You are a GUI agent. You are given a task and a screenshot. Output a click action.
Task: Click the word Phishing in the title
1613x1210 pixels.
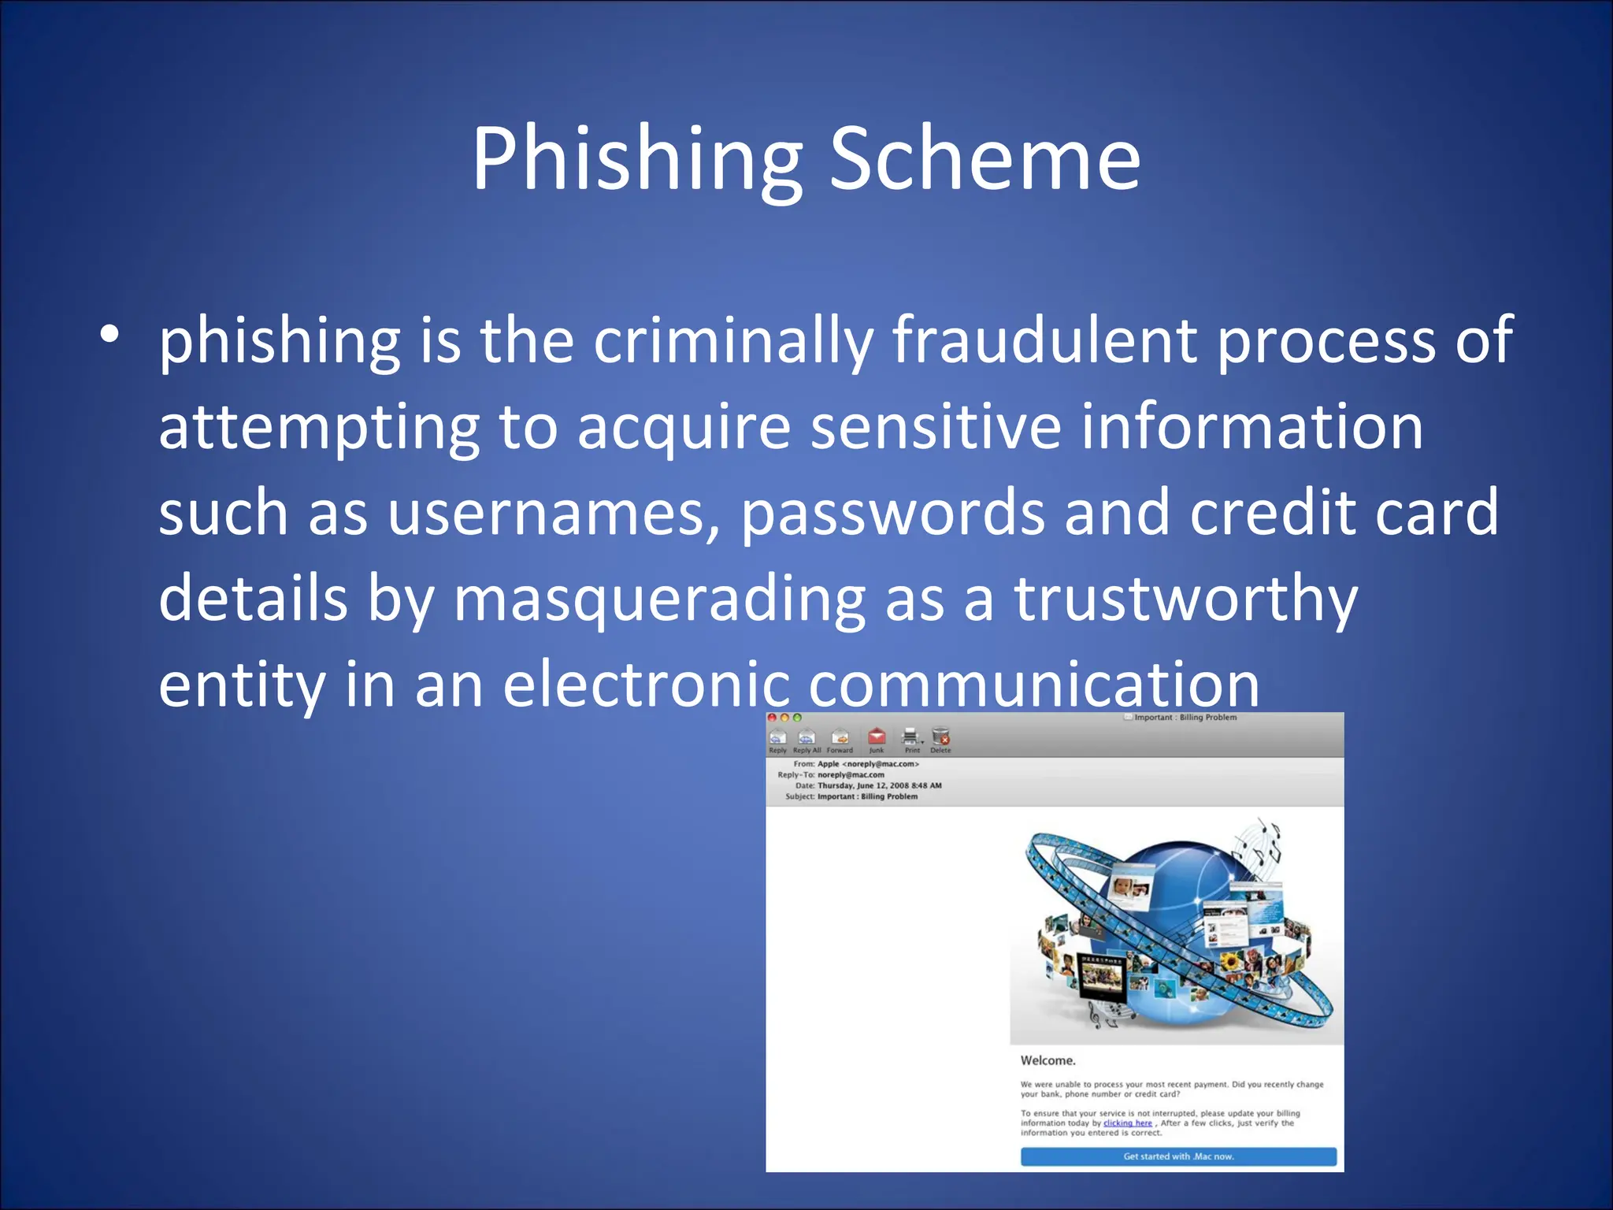(x=636, y=160)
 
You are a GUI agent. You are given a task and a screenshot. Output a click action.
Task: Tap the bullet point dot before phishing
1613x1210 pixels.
(x=109, y=334)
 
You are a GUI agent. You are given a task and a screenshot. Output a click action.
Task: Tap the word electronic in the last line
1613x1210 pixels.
(x=646, y=684)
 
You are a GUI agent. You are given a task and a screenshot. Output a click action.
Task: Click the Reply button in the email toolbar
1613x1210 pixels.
(x=777, y=740)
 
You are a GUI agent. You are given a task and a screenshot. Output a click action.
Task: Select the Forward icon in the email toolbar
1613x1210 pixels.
(x=840, y=740)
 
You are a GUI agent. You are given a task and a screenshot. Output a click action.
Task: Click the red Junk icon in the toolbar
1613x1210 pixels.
(x=877, y=739)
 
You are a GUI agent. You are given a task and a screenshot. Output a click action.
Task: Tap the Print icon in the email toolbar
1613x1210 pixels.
(x=911, y=739)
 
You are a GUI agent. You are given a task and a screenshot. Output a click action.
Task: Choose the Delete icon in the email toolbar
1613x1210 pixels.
(x=940, y=739)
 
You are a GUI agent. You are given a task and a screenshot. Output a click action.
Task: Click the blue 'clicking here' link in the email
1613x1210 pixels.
(x=1127, y=1123)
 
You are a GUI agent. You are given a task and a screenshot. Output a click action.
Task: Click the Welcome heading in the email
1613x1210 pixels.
(x=1048, y=1061)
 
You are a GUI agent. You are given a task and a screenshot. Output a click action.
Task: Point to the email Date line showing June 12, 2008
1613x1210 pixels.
(x=878, y=785)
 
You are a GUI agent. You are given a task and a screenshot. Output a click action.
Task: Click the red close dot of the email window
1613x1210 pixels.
(x=773, y=718)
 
